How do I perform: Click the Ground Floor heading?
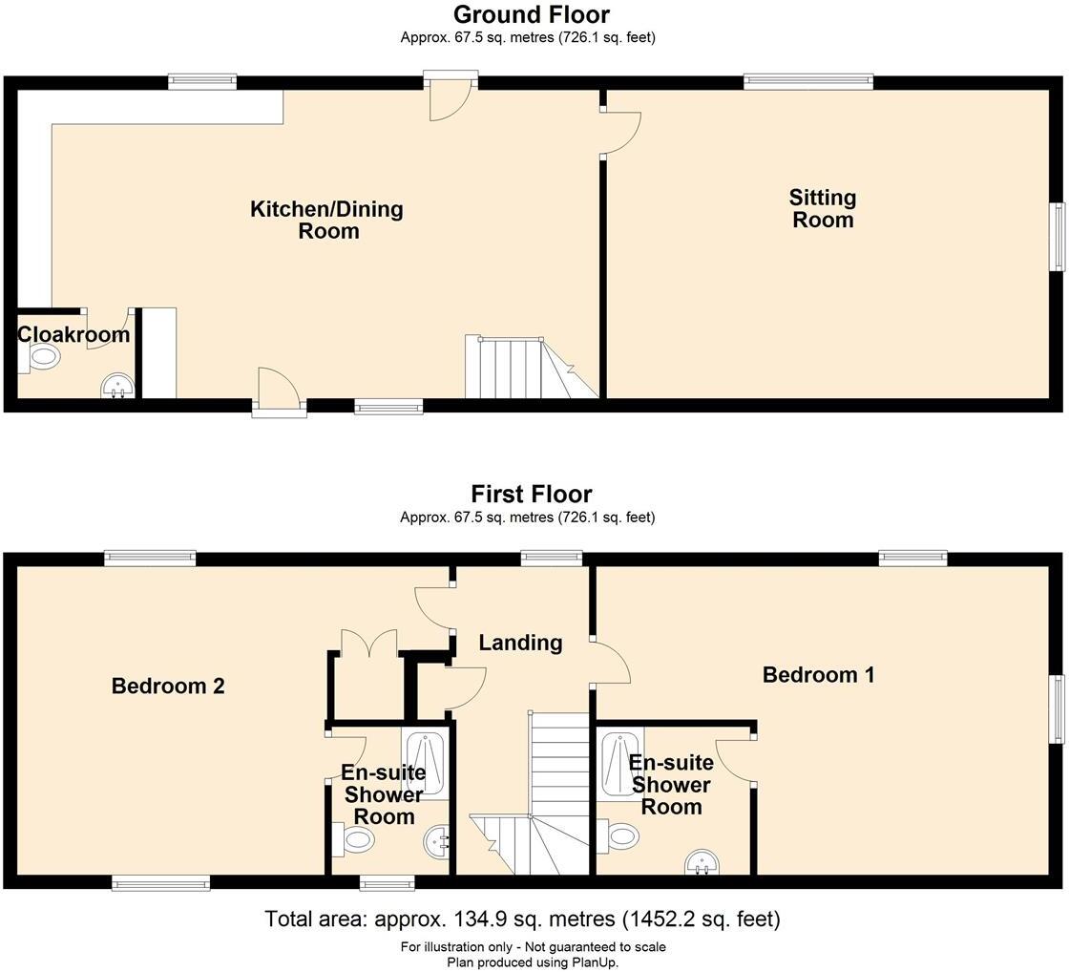coord(531,15)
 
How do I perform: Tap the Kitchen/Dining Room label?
coord(326,220)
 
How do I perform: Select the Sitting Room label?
coord(822,208)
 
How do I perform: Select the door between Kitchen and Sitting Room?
coord(621,133)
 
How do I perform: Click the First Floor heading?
coord(531,495)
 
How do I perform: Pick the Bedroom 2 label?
coord(168,686)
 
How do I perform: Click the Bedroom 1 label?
coord(818,675)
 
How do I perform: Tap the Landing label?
coord(520,643)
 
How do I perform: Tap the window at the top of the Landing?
coord(551,558)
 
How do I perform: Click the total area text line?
coord(522,919)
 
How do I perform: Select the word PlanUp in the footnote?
coord(597,962)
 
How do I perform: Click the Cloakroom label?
coord(73,334)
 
